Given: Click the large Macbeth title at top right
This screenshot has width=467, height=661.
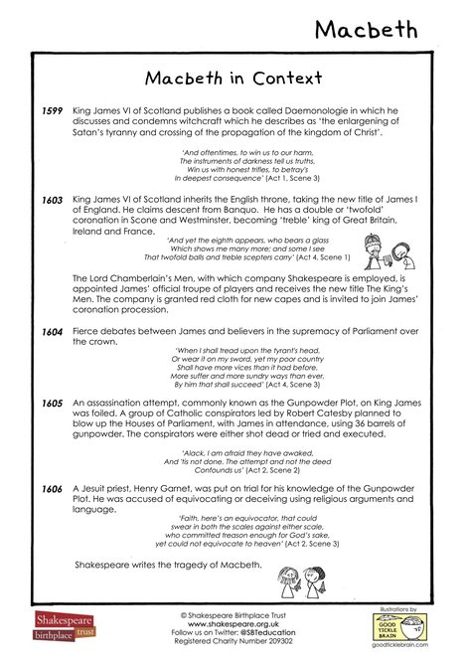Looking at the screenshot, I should click(x=382, y=29).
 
